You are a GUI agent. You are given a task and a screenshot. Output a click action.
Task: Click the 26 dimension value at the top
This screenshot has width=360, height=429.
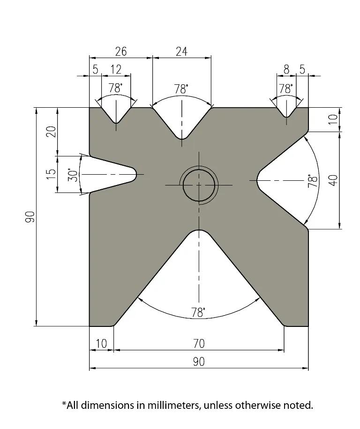(x=120, y=52)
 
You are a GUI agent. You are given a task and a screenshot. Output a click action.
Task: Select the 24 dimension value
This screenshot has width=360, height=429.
(x=181, y=52)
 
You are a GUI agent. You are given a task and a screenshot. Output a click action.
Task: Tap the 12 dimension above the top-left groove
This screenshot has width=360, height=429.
(x=116, y=70)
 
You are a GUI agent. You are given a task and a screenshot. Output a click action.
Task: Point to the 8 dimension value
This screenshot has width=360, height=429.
(x=286, y=70)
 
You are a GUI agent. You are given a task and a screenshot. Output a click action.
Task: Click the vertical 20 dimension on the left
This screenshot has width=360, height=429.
(x=51, y=131)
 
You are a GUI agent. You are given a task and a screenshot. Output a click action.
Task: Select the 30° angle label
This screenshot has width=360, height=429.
(x=73, y=175)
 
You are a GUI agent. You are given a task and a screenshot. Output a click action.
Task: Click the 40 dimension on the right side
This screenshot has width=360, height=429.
(x=333, y=180)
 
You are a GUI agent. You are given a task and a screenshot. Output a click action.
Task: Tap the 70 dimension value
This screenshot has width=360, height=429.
(x=199, y=344)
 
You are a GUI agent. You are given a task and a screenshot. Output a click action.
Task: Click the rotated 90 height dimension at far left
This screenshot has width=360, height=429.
(x=30, y=217)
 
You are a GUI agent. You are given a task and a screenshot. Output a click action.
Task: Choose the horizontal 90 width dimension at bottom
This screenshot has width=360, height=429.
(x=199, y=362)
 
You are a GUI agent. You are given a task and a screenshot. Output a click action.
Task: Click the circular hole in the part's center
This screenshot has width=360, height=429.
(x=199, y=185)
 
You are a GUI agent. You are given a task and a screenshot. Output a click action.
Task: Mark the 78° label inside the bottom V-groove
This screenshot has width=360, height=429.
(x=199, y=313)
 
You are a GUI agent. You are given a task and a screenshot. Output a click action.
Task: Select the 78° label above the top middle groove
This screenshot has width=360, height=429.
(x=181, y=89)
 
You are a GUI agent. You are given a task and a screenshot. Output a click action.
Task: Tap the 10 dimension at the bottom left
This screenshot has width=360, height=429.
(x=101, y=344)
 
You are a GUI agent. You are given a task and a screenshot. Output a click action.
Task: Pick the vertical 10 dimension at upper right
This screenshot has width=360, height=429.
(x=333, y=119)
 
